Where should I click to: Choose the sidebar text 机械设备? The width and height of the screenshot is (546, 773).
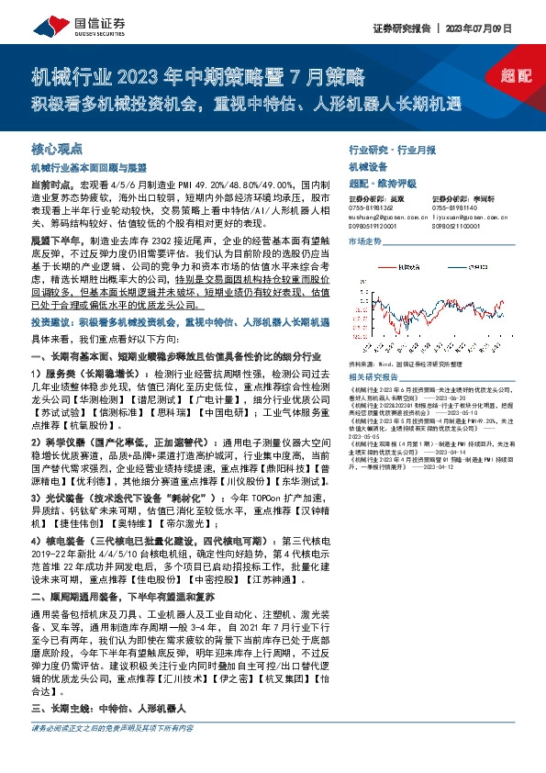[x=369, y=166]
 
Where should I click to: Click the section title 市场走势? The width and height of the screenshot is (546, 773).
[x=364, y=241]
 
